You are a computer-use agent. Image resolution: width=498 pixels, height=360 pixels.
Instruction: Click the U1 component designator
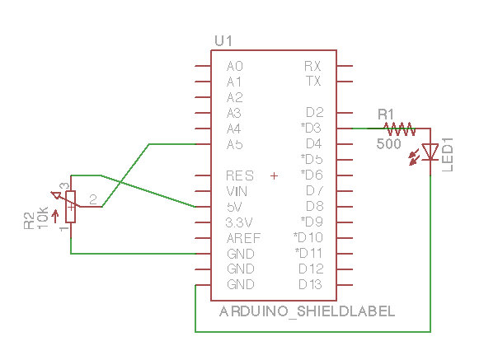click(x=223, y=40)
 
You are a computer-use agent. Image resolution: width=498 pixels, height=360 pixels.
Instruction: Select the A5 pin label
click(x=234, y=144)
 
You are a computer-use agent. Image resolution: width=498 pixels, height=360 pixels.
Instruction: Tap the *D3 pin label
click(x=311, y=129)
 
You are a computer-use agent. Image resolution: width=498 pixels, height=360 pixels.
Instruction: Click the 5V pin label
click(x=234, y=206)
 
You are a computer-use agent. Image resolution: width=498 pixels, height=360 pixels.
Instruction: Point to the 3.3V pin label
click(x=239, y=222)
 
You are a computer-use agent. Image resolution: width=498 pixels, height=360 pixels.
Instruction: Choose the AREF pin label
click(x=243, y=238)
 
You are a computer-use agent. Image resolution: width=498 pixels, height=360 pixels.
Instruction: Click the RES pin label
click(x=239, y=175)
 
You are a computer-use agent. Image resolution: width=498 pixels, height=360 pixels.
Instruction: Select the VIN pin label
click(x=237, y=191)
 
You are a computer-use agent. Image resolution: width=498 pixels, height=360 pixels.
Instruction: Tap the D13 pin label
click(x=310, y=284)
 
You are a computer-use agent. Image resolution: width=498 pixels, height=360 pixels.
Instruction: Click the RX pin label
click(x=312, y=66)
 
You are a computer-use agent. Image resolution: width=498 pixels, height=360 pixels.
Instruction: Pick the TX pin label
click(x=313, y=82)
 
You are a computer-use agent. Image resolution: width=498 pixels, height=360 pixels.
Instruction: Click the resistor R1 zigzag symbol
click(x=401, y=129)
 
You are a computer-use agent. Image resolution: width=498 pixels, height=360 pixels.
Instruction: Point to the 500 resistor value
click(x=388, y=144)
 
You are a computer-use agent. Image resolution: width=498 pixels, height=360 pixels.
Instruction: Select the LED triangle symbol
click(x=430, y=152)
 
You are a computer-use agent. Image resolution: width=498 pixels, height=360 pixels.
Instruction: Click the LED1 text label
click(x=448, y=156)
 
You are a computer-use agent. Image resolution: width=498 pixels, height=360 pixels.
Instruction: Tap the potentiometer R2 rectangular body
click(x=71, y=206)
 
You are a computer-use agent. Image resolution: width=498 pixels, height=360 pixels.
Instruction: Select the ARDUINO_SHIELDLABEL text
click(x=307, y=311)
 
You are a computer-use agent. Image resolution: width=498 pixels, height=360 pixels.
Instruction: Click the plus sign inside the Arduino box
click(x=275, y=175)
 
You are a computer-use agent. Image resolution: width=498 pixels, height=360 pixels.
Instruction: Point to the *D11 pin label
click(x=308, y=253)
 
